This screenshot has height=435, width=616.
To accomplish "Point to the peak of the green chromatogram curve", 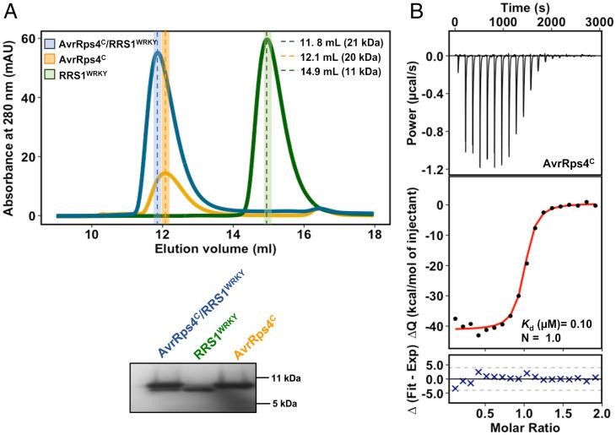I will (267, 39).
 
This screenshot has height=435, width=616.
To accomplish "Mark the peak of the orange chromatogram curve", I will (165, 173).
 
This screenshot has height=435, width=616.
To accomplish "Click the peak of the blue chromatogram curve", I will (157, 52).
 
